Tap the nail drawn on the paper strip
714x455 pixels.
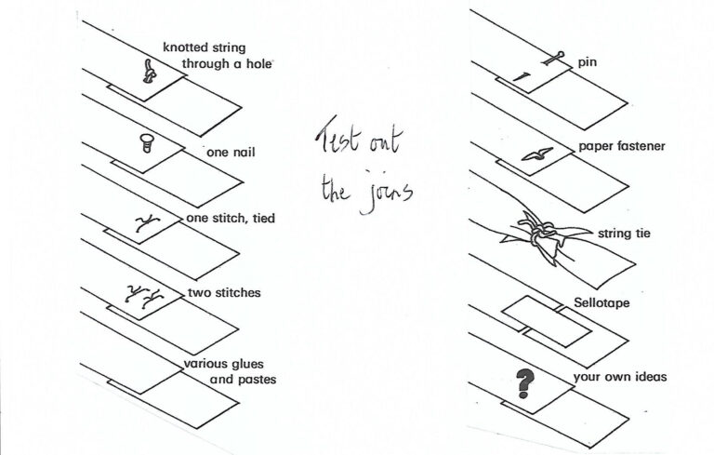146,141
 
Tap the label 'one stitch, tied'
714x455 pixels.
231,219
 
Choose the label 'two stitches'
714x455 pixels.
224,293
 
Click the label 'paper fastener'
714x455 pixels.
621,146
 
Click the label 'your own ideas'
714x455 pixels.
620,377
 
